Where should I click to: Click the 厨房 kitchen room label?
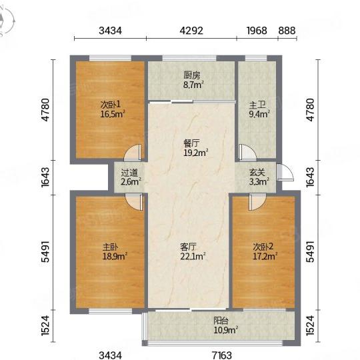click(192, 75)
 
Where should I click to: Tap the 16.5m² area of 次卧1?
click(113, 114)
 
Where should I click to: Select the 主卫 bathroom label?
click(257, 105)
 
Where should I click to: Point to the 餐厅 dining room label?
click(192, 143)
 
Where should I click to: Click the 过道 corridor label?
click(129, 173)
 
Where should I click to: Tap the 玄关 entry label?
click(257, 173)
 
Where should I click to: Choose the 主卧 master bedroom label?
click(111, 247)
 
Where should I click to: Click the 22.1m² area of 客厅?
click(193, 256)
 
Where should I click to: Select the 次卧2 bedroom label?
click(263, 247)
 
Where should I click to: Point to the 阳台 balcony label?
click(221, 321)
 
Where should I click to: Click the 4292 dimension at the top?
click(191, 31)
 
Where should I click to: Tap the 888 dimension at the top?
click(287, 31)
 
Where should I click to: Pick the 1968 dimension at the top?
click(257, 31)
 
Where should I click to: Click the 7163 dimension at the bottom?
click(222, 355)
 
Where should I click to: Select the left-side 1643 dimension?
click(45, 177)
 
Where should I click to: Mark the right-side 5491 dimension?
click(310, 251)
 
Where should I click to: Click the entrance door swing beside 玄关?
click(285, 173)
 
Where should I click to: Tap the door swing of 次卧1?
click(133, 152)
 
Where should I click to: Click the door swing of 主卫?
click(247, 152)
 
